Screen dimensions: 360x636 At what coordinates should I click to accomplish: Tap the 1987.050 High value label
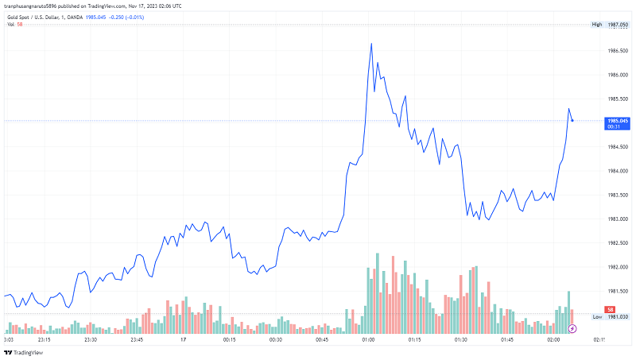pos(618,25)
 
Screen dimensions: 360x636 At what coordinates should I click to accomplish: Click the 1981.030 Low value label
pos(618,316)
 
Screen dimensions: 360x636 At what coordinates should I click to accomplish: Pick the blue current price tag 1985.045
pos(618,120)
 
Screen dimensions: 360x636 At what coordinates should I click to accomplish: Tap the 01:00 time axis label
pos(368,339)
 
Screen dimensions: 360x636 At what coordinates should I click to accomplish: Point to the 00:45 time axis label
pos(322,339)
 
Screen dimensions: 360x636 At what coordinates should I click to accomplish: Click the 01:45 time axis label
pos(507,339)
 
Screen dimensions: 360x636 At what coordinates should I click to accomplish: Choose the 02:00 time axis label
pos(553,339)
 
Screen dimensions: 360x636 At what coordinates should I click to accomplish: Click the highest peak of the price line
pos(371,44)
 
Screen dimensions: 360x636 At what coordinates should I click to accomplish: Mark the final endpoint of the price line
pos(572,121)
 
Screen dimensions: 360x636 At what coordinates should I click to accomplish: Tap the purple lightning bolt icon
pos(572,327)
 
